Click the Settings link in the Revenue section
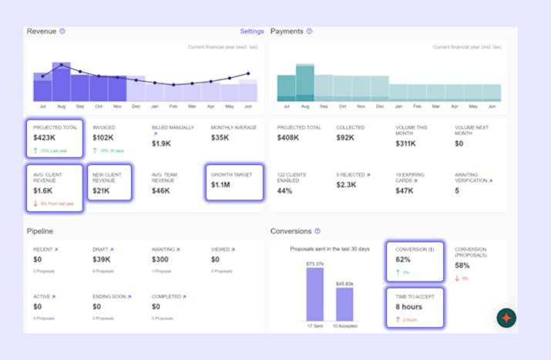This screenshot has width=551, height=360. point(251,32)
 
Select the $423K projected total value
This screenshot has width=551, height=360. point(45,138)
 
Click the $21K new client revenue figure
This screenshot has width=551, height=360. point(102,190)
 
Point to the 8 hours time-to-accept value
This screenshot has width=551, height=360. point(408,307)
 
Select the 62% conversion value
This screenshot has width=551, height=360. point(403,260)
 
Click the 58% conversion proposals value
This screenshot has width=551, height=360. point(462,265)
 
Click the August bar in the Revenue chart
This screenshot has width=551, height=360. point(61,82)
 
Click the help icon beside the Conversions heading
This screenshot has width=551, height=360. point(317,230)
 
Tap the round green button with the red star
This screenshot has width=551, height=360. point(506,318)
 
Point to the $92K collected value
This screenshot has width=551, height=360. point(345,138)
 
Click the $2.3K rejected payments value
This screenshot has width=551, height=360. point(346,185)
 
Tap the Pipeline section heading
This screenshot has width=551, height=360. point(40,230)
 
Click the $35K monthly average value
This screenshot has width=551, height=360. point(221,138)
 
